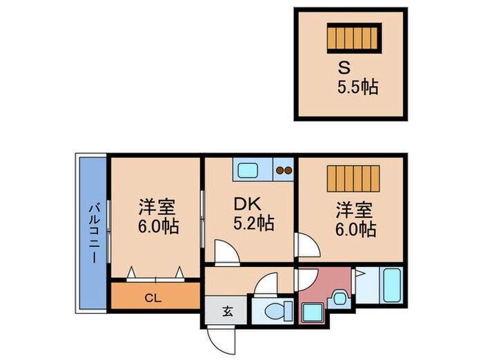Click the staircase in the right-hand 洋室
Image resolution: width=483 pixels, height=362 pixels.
353,181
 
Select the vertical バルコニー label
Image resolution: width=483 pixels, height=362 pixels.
92,231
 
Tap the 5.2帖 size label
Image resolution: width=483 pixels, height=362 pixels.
250,224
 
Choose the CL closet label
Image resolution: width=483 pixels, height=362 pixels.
155,299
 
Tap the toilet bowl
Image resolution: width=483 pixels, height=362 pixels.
271,310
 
